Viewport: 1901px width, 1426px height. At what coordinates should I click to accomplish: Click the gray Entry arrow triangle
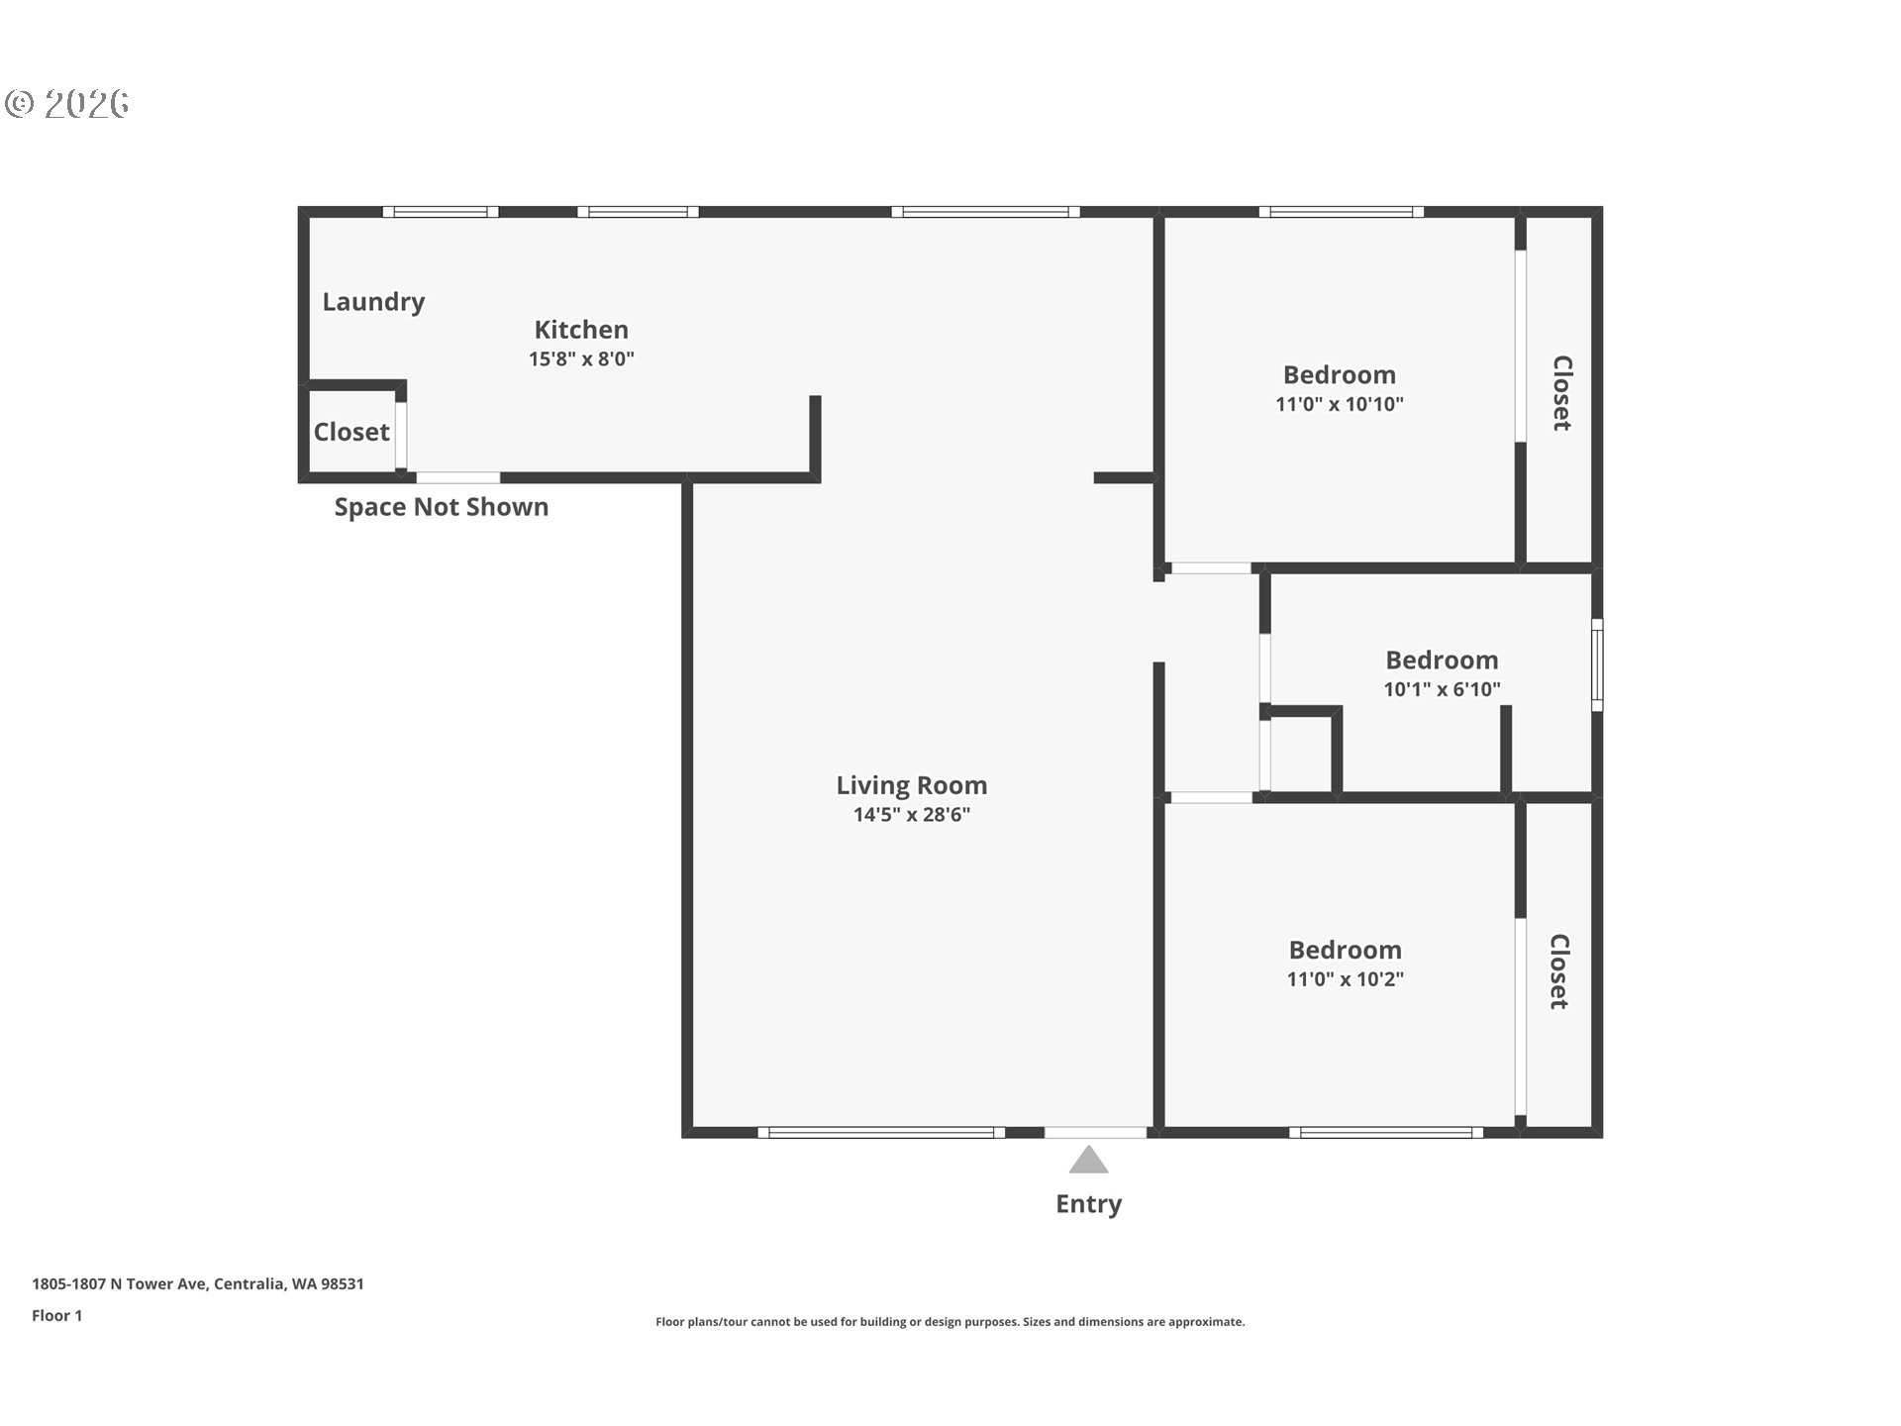click(x=1088, y=1160)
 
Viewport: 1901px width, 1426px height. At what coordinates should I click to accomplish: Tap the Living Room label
click(x=912, y=785)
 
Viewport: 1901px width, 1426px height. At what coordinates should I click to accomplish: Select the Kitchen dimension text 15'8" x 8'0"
click(x=581, y=358)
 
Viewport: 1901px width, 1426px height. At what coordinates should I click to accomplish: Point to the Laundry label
click(x=373, y=302)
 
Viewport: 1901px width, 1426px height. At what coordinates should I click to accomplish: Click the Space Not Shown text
click(x=442, y=507)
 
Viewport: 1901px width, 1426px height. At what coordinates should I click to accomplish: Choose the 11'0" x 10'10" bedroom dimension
click(x=1340, y=404)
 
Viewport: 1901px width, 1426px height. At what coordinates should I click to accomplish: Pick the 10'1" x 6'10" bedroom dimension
click(x=1443, y=689)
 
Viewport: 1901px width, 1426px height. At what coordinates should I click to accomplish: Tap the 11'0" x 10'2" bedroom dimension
click(x=1346, y=979)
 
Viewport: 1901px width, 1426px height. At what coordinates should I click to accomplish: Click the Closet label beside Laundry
click(x=351, y=432)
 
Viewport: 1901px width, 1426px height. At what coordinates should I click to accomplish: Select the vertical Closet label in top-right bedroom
click(x=1561, y=393)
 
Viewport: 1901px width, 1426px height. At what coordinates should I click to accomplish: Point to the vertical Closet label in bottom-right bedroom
click(x=1559, y=971)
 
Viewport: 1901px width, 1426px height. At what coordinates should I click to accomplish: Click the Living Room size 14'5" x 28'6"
click(x=912, y=815)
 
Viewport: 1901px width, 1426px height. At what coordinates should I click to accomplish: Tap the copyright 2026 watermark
click(x=67, y=104)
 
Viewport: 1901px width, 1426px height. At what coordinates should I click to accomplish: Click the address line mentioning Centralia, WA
click(x=198, y=1283)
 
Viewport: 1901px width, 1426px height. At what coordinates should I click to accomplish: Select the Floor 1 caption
click(x=57, y=1315)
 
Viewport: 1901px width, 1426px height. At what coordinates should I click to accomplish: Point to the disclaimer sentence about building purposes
click(x=950, y=1322)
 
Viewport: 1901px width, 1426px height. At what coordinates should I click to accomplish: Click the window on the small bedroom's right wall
click(x=1597, y=664)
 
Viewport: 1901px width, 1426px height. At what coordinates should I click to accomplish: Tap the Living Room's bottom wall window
click(x=881, y=1132)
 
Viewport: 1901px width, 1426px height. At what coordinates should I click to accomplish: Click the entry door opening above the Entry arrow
click(x=1095, y=1132)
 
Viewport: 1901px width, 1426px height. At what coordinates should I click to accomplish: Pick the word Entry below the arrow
click(x=1089, y=1204)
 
